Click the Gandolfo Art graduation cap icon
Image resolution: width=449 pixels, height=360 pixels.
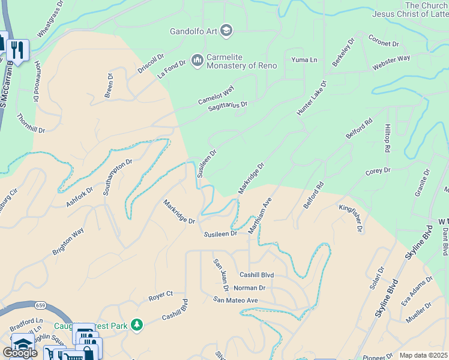(226, 30)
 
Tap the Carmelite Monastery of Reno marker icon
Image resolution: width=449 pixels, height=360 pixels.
(197, 60)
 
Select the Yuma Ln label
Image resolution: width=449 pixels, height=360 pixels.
(304, 60)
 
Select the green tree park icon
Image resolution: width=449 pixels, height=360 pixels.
(137, 325)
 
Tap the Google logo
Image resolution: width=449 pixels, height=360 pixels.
(20, 353)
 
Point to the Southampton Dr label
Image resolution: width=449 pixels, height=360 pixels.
(117, 178)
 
